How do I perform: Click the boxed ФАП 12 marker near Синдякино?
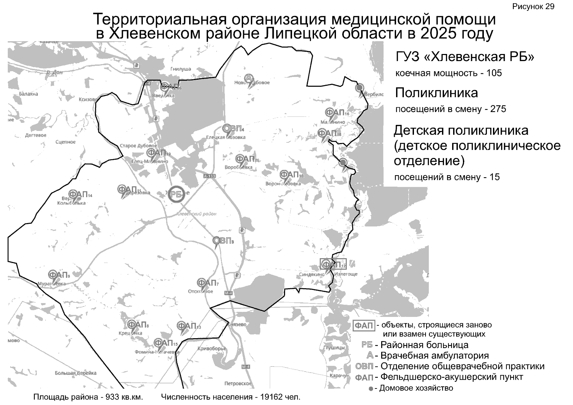(x=333, y=264)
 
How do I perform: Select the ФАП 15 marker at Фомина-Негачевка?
(x=165, y=343)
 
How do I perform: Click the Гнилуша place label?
(x=181, y=69)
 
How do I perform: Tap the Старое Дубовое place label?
(x=138, y=146)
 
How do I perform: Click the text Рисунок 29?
(x=533, y=7)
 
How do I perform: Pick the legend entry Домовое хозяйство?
(x=416, y=388)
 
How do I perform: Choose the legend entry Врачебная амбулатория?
(x=435, y=355)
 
